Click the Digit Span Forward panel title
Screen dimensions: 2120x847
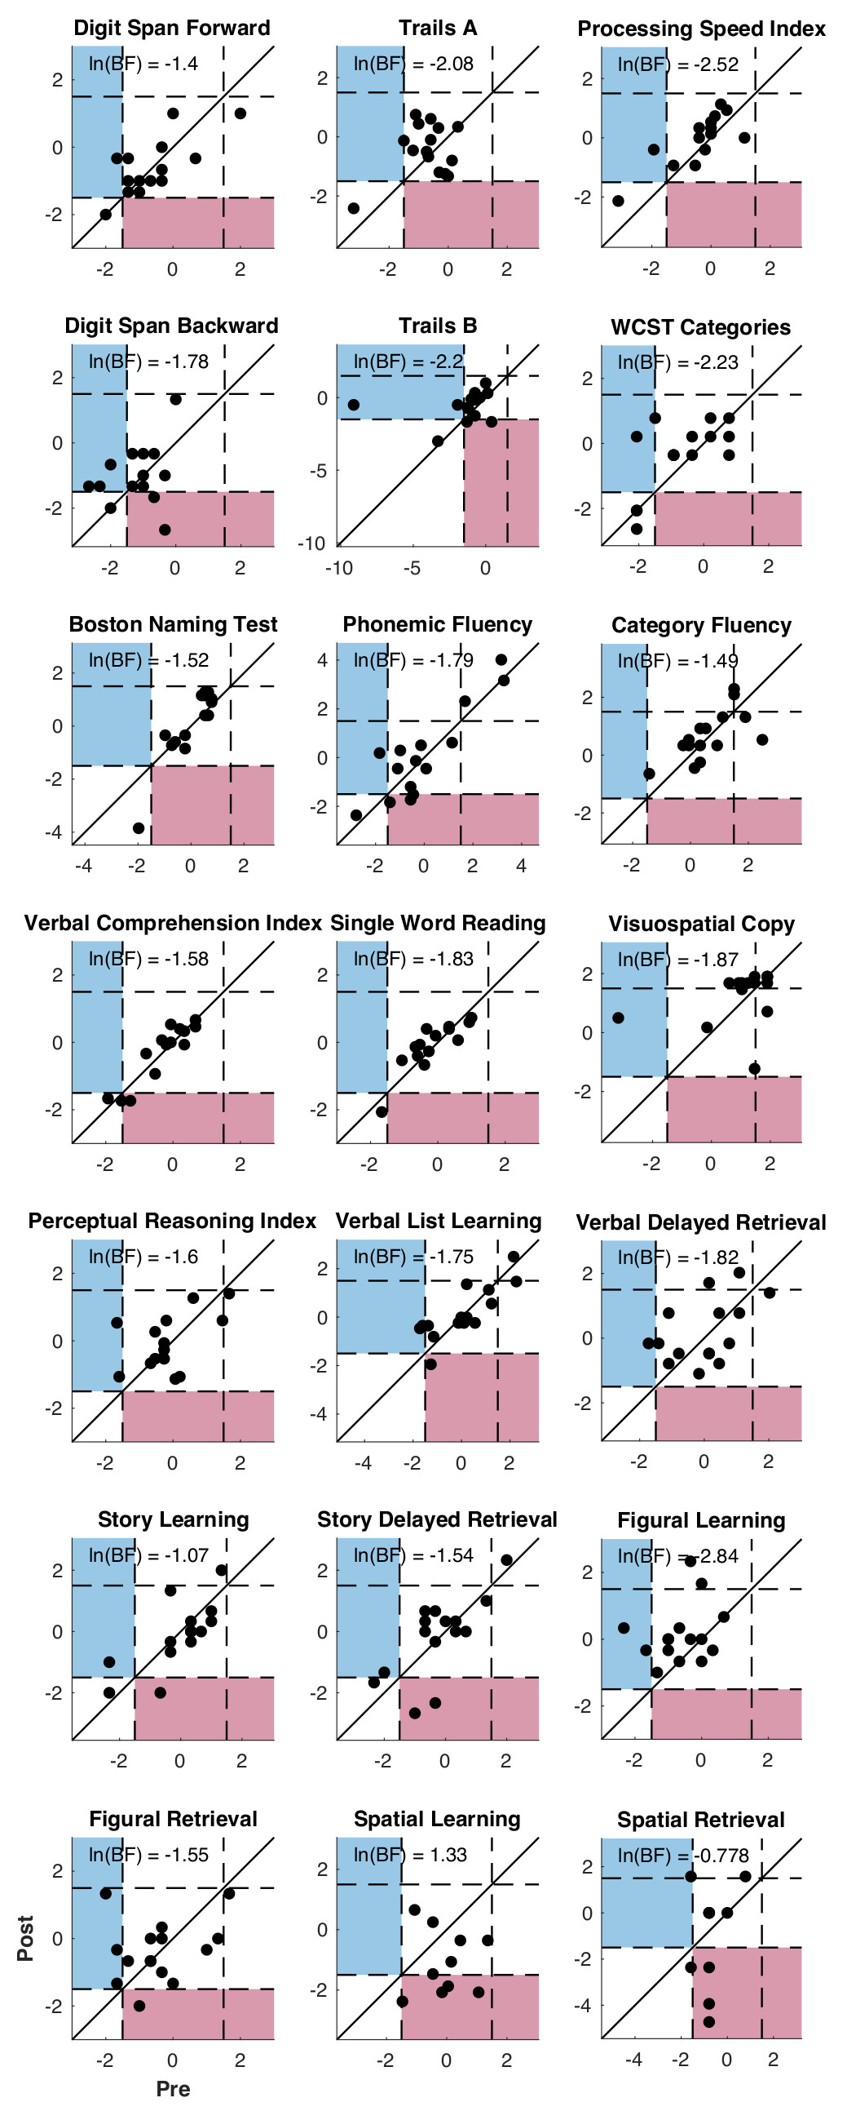(172, 28)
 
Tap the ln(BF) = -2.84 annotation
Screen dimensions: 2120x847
(677, 1555)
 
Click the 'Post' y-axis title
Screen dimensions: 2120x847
(25, 1938)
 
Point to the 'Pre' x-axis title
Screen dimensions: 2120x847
(173, 2089)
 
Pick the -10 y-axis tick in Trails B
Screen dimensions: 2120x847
(311, 543)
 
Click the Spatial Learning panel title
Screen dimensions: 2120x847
(437, 1819)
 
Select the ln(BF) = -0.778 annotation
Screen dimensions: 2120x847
(682, 1855)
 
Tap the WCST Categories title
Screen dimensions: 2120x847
(700, 326)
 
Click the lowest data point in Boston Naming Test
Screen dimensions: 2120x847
(139, 828)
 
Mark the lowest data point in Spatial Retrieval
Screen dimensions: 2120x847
(709, 2022)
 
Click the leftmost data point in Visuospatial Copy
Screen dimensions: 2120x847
(619, 1018)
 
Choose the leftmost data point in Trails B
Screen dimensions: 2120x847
(354, 405)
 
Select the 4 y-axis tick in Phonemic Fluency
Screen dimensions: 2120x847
(322, 659)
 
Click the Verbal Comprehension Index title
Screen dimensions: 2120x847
(173, 923)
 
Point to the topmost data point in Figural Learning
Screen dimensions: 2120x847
(690, 1561)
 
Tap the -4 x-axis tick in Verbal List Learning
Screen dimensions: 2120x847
(363, 1462)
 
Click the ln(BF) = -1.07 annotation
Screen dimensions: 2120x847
(148, 1555)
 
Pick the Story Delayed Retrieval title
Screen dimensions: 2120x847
(437, 1519)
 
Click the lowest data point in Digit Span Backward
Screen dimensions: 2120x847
(165, 529)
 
